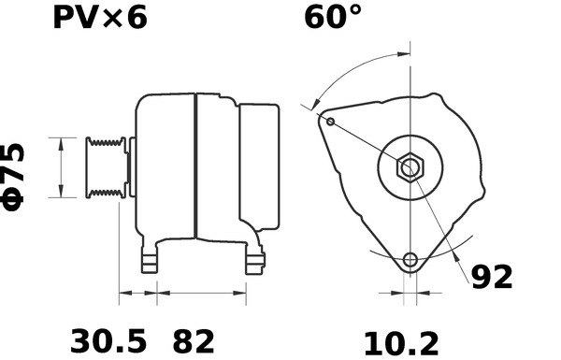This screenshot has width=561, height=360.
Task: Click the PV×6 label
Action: point(100,19)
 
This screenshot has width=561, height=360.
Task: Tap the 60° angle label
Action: point(332,17)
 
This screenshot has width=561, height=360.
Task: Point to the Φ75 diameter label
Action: point(13,177)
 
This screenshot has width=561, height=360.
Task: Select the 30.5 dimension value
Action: point(108,341)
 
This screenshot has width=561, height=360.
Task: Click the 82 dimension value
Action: point(194,341)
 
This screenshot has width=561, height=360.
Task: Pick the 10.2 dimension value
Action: point(401,343)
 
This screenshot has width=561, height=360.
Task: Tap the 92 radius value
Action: point(492,277)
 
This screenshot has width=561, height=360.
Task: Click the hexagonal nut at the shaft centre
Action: point(410,167)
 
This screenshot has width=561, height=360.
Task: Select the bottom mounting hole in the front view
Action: point(410,260)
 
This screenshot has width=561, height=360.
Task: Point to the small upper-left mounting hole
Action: point(331,122)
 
